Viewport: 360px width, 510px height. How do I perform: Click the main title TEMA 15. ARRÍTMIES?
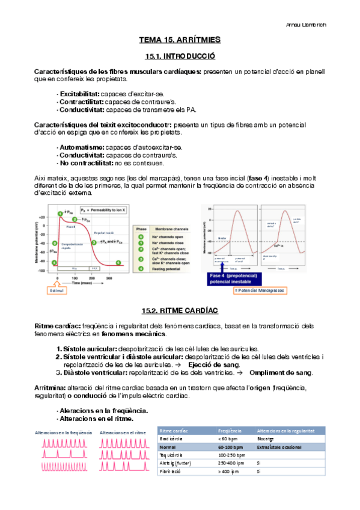point(180,40)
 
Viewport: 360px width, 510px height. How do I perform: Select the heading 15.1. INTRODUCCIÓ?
point(180,56)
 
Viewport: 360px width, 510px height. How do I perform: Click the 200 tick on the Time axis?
point(91,278)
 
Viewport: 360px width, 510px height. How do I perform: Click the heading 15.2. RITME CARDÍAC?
point(180,310)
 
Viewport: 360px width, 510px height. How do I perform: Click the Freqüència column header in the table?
point(230,431)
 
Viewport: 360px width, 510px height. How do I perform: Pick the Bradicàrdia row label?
point(173,439)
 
